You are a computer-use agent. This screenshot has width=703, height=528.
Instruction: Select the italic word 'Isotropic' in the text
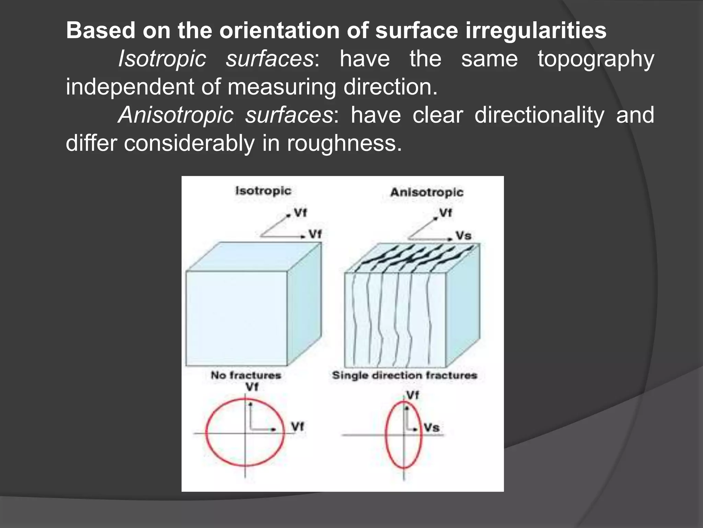coord(162,59)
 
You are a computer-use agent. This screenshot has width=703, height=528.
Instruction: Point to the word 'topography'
coord(596,59)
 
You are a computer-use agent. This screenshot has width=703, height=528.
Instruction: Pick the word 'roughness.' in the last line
coord(344,143)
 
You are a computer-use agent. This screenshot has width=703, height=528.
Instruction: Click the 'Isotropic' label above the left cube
coord(263,190)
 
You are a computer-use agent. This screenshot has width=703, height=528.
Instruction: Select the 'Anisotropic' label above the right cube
coord(427,192)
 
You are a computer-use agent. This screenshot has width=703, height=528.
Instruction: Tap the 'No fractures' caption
coord(246,375)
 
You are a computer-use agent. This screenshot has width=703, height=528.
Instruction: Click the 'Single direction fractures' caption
coord(404,375)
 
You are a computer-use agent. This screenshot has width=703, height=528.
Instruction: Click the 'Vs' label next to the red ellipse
coord(431,428)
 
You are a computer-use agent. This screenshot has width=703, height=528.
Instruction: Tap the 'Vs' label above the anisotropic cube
coord(463,236)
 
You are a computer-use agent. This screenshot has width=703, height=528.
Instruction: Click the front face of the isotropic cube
coord(236,318)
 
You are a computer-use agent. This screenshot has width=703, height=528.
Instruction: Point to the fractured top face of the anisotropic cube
coord(412,258)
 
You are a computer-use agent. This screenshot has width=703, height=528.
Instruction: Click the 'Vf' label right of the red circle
coord(297,427)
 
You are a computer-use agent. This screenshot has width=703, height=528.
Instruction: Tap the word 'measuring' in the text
coord(282,87)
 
